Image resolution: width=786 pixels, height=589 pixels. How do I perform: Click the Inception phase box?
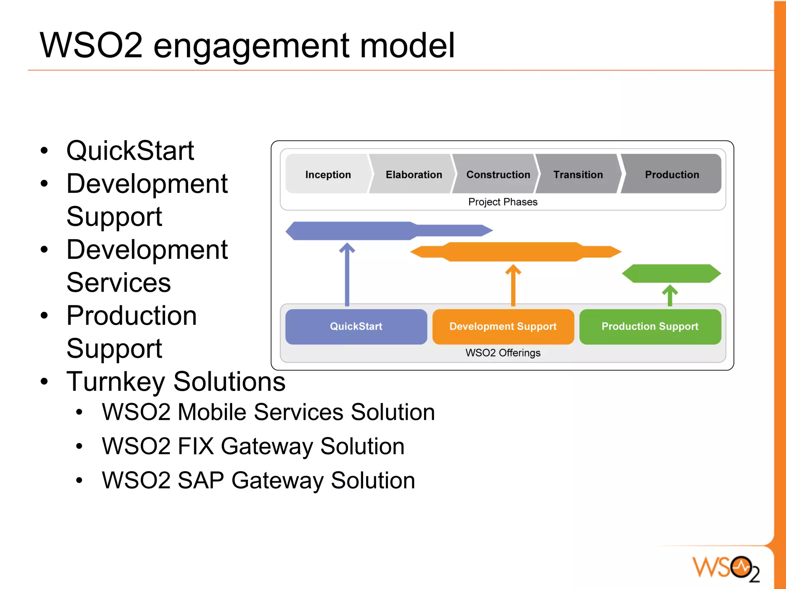point(328,174)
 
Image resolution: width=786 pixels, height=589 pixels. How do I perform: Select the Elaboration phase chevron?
point(413,174)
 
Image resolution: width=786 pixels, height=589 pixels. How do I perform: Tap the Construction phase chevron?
point(498,174)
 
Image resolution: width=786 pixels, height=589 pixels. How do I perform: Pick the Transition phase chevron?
point(578,174)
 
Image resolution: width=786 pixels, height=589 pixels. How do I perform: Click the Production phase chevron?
point(672,174)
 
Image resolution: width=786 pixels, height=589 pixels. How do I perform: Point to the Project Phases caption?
point(503,202)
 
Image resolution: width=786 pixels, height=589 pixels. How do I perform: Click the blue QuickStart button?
point(356,326)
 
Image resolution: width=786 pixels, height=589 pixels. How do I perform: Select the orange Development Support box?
point(503,326)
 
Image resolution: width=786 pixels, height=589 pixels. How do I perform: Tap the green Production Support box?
point(650,326)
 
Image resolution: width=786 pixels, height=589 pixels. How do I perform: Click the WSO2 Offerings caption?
point(503,353)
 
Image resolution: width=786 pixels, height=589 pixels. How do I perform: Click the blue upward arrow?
point(347,274)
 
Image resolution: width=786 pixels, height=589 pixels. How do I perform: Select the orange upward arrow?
point(513,286)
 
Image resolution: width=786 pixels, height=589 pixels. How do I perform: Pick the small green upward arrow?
point(670,295)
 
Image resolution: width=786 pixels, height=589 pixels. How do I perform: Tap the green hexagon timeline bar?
point(671,273)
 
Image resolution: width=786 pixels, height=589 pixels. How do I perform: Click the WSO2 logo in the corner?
point(725,568)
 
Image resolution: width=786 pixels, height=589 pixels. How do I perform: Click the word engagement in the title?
point(251,46)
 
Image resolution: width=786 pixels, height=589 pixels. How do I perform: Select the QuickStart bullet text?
point(130,151)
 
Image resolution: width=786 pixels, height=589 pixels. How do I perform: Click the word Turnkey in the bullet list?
point(116,382)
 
